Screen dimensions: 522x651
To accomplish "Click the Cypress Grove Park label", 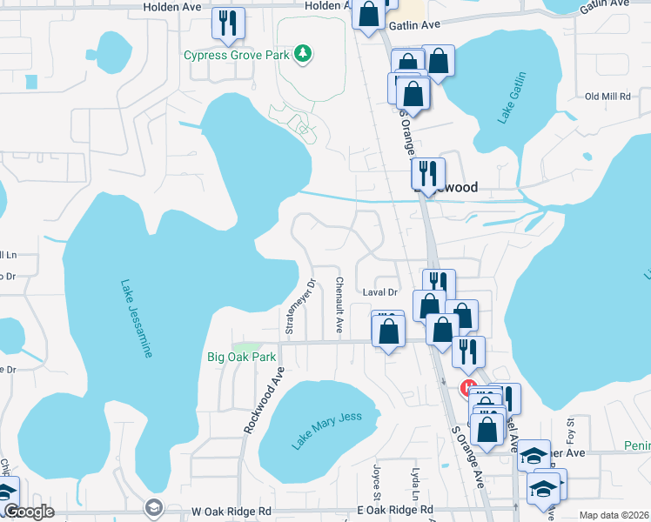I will click(236, 55).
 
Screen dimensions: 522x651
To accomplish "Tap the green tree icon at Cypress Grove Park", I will click(303, 55).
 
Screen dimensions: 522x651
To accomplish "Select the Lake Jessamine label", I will click(137, 318).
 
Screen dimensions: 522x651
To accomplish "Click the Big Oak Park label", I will click(241, 357).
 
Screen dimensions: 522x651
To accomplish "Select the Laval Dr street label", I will click(379, 293).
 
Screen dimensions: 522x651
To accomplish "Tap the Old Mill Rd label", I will click(607, 97).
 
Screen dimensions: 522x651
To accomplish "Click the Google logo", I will click(28, 512).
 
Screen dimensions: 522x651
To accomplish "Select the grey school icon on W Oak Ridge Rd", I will click(153, 507).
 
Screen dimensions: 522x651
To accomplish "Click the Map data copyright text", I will click(613, 515).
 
